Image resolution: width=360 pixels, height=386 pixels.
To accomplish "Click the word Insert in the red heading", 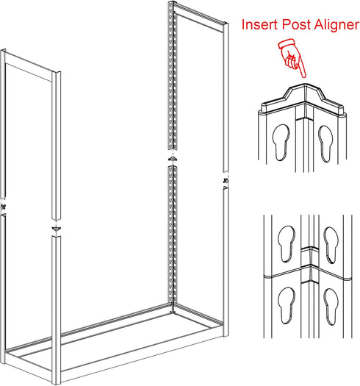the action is [x=260, y=24].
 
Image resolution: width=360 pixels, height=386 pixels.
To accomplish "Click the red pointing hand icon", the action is [x=292, y=57].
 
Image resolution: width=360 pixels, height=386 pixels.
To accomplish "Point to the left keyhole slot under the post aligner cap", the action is [x=281, y=143].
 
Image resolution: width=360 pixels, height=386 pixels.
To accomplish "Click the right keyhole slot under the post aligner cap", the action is [x=325, y=143].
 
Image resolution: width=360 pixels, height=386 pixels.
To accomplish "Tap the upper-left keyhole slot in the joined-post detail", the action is [x=287, y=243].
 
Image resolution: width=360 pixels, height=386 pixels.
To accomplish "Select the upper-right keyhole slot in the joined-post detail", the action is [x=331, y=245].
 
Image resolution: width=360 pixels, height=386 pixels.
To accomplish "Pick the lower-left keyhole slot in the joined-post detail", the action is [x=287, y=305].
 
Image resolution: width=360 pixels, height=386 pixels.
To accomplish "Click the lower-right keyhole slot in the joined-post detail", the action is [x=331, y=307].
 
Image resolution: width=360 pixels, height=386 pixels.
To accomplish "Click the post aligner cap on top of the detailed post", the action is [x=303, y=100].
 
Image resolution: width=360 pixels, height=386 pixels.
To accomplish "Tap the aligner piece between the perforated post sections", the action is [x=173, y=159].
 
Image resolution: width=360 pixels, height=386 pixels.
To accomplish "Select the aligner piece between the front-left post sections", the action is [x=57, y=229].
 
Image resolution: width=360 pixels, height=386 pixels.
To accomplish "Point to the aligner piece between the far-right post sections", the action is [x=225, y=181].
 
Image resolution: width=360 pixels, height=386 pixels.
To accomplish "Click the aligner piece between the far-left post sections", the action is [x=3, y=207].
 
